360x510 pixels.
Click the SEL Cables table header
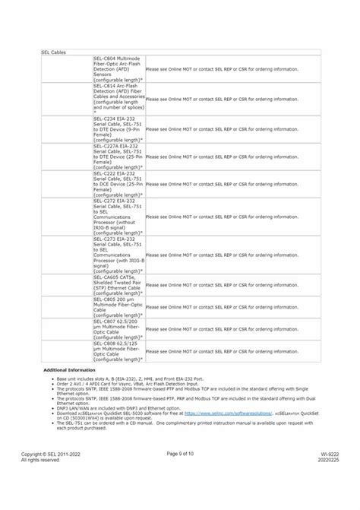coord(53,52)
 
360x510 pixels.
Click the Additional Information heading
coord(69,369)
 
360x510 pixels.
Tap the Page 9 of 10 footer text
coord(180,474)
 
